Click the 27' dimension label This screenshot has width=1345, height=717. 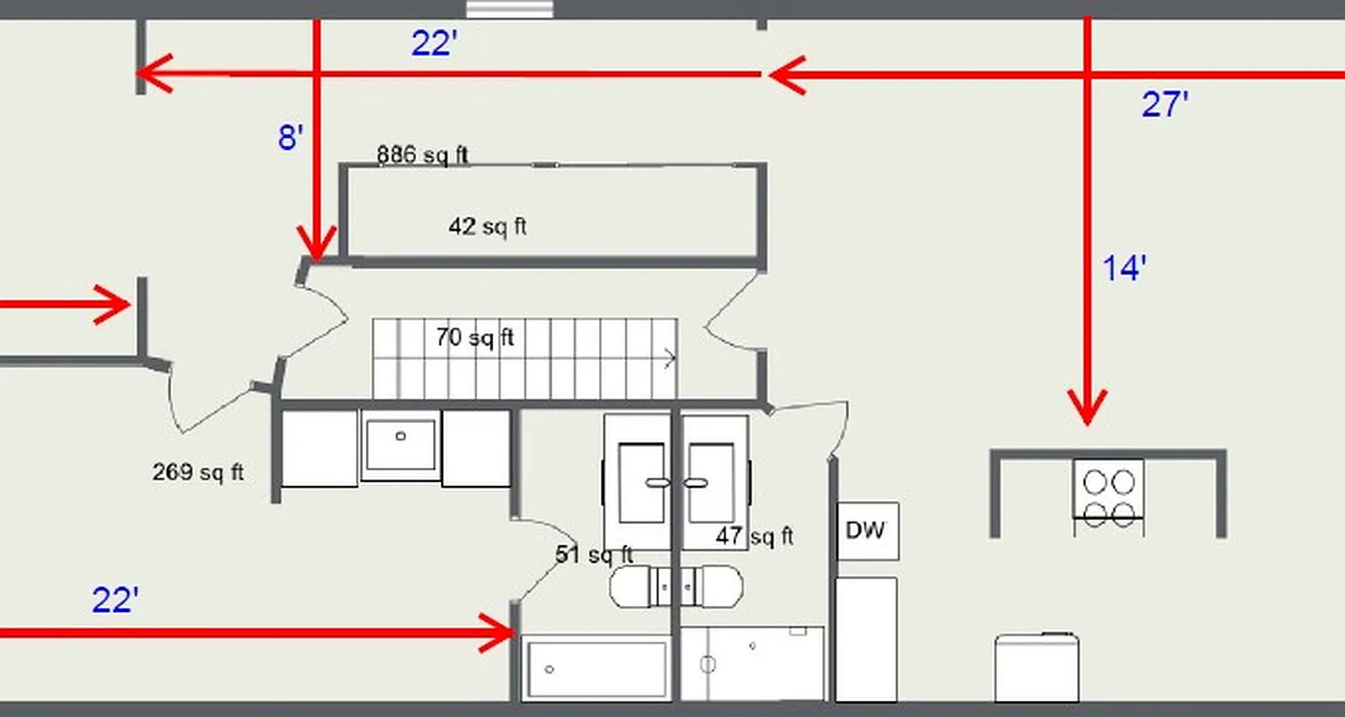[x=1165, y=106]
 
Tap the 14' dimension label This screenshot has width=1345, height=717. [x=1124, y=268]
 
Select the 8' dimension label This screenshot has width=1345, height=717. [x=291, y=138]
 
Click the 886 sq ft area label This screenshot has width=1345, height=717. [x=422, y=155]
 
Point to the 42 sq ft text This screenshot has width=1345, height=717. [x=487, y=227]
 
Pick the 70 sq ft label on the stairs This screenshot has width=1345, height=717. [x=474, y=338]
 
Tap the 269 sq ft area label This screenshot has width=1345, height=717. [x=197, y=471]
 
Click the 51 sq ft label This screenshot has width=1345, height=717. [x=594, y=554]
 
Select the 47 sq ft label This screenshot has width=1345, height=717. [x=754, y=536]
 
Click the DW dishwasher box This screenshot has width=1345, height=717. [x=867, y=531]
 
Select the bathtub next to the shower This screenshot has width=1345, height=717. [x=595, y=669]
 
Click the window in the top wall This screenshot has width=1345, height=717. [x=508, y=9]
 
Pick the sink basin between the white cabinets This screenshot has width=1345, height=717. [x=400, y=445]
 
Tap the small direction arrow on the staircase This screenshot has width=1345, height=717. [x=669, y=359]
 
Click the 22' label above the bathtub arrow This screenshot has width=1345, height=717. [x=115, y=600]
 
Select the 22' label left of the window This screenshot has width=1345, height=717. [x=435, y=43]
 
